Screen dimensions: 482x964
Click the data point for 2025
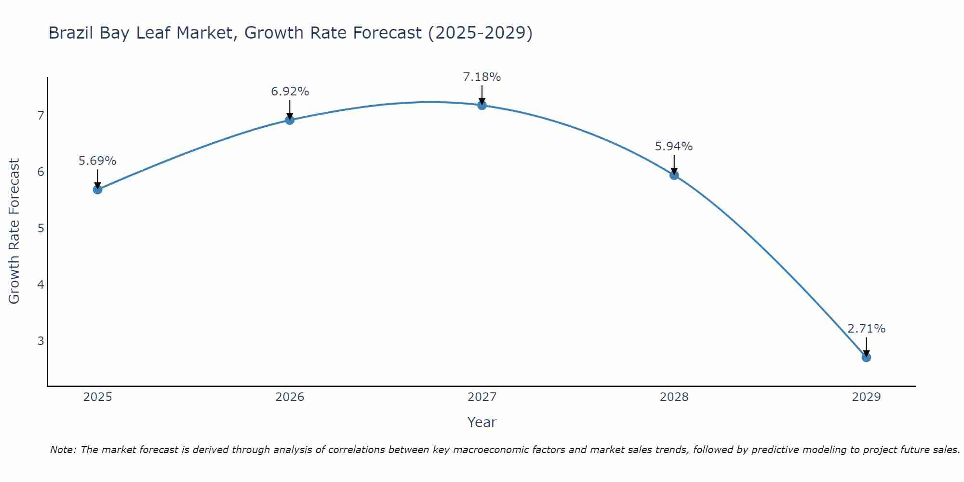point(97,189)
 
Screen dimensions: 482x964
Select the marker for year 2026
point(290,120)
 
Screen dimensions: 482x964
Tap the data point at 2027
point(482,105)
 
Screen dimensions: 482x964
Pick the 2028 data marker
point(674,175)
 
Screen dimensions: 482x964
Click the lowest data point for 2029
point(866,357)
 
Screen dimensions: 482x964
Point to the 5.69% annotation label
point(97,161)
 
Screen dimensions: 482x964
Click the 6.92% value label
point(290,92)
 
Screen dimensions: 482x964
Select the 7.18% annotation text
point(482,77)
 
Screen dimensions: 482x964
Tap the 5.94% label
point(674,147)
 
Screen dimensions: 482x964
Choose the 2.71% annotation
point(866,329)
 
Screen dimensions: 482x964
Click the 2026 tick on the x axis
point(290,397)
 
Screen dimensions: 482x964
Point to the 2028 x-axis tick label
point(674,397)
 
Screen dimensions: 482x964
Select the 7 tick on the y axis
point(40,115)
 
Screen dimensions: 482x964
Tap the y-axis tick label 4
point(40,284)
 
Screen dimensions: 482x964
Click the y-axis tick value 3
point(40,341)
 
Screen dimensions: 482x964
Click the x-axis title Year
point(482,422)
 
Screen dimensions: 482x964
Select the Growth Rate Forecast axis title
point(14,231)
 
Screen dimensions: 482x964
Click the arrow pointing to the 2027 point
point(482,94)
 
